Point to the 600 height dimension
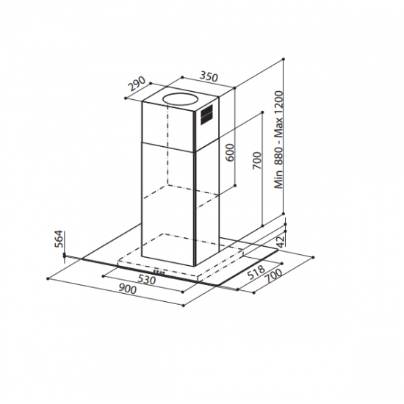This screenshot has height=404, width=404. (x=230, y=152)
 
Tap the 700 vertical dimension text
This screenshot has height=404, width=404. (x=256, y=160)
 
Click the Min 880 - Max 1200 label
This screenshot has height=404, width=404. (x=279, y=140)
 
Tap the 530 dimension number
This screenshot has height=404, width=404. (x=147, y=281)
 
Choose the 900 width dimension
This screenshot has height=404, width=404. (x=126, y=289)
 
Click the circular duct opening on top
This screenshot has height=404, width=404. (x=180, y=97)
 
